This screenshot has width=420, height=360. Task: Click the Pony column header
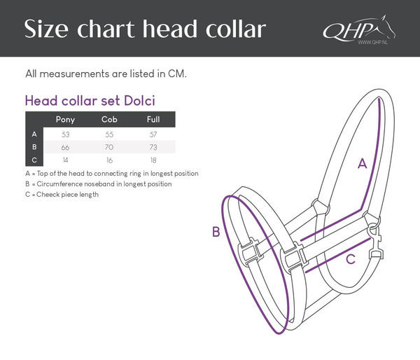coord(65,119)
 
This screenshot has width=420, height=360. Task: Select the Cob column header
coord(109,119)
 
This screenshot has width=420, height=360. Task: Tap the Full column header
coord(153,119)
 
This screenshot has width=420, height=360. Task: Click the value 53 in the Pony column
coord(65,133)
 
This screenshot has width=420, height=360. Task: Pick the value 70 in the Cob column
coord(109,147)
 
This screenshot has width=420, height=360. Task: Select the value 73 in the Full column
coord(153,147)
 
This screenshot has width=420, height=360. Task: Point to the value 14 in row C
coord(65,161)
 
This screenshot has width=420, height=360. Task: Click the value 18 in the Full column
coord(153,161)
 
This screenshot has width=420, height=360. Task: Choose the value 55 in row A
coord(109,133)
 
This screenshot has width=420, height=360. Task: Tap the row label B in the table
coord(34,147)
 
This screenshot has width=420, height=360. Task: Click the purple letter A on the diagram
coord(363,164)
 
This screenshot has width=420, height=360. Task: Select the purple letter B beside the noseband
coord(216,232)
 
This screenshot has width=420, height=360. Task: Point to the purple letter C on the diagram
coord(351,258)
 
